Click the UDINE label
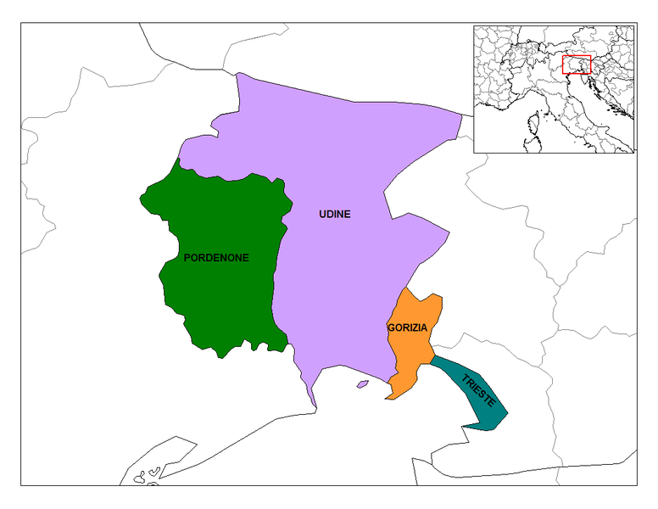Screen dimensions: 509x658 [334, 215]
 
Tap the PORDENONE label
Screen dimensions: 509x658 [216, 258]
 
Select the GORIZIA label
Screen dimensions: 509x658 [406, 327]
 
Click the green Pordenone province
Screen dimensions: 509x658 [220, 297]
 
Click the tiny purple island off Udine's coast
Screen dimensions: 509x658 [363, 384]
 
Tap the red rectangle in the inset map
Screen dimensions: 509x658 [577, 65]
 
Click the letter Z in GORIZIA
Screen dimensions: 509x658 [413, 327]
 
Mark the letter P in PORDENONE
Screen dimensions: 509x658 [187, 258]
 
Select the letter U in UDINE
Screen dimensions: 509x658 [322, 215]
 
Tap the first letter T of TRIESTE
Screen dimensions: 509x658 [466, 378]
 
